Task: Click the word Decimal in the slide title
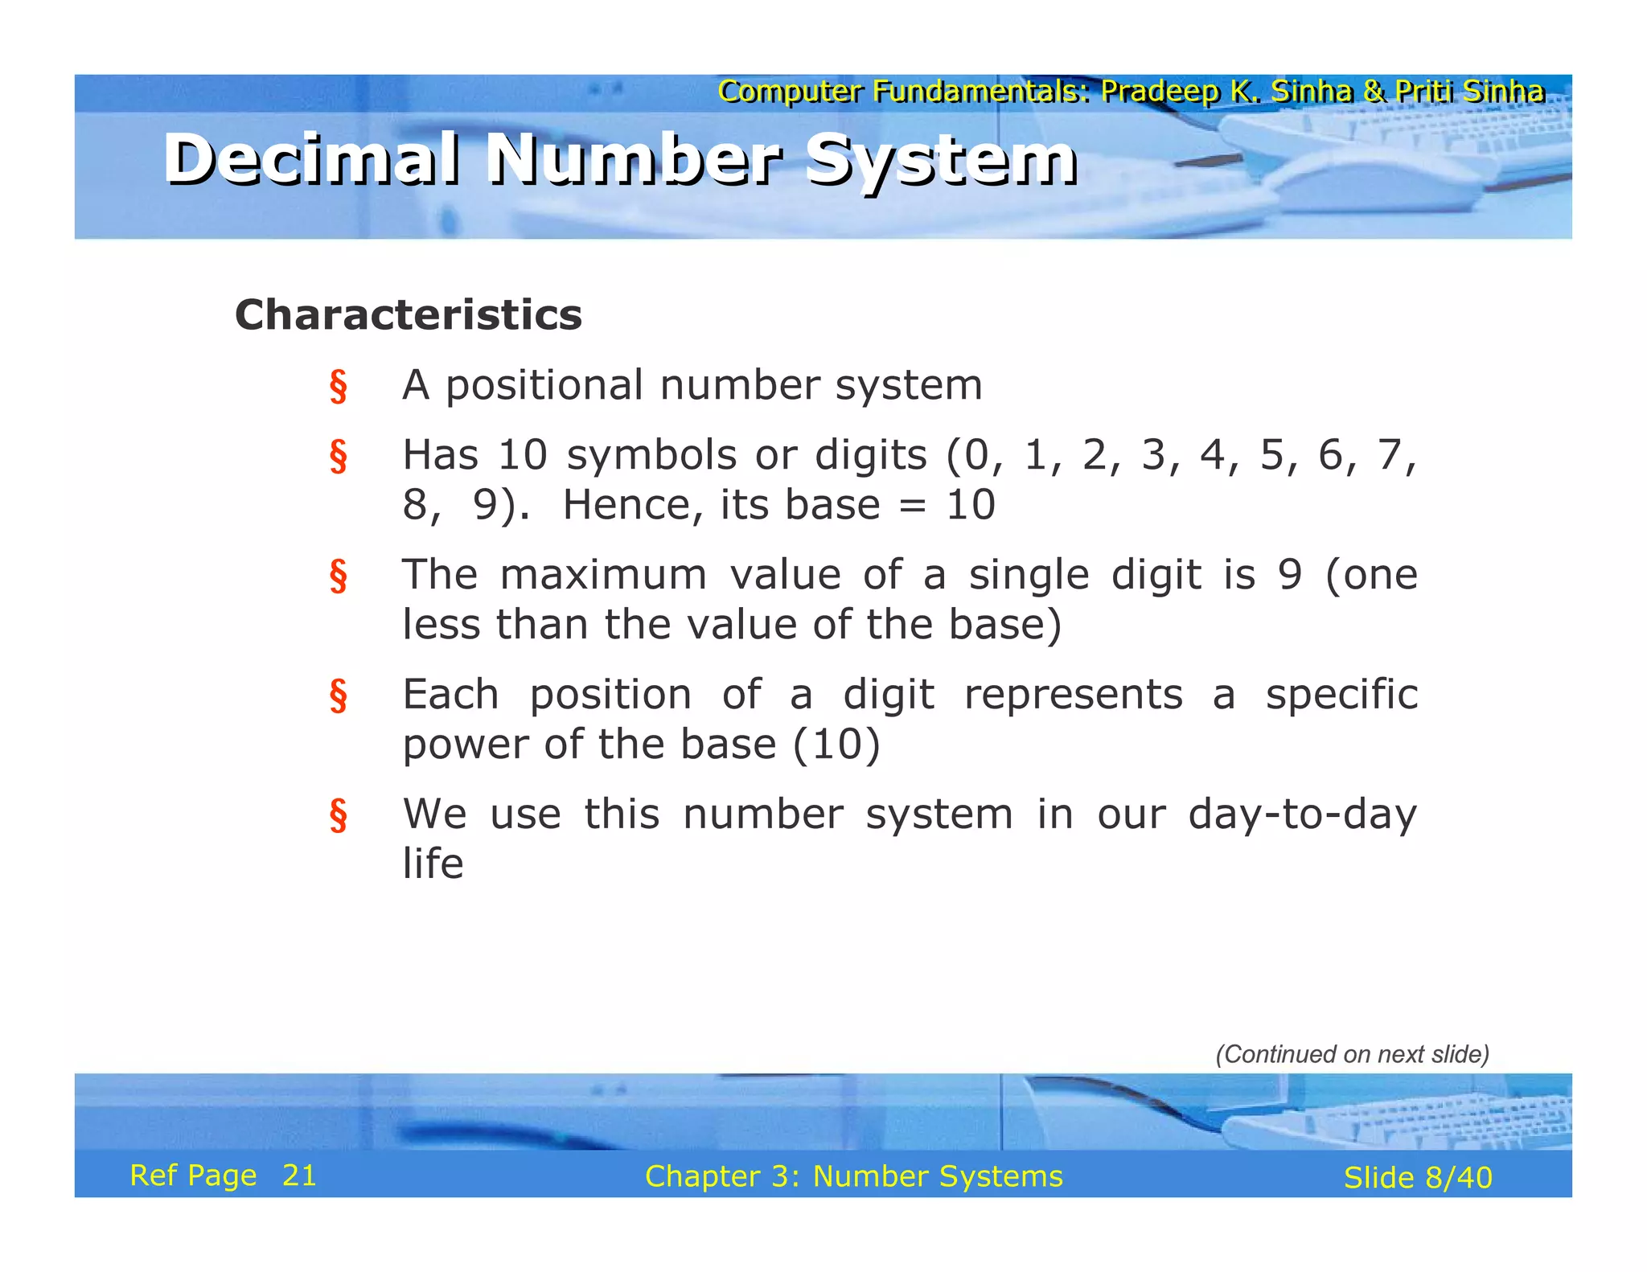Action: click(x=312, y=158)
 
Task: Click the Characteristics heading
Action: click(x=408, y=314)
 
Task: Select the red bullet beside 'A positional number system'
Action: click(x=339, y=386)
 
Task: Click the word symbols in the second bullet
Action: click(x=651, y=456)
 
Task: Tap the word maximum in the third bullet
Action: click(x=603, y=575)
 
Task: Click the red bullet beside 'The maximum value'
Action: click(x=339, y=576)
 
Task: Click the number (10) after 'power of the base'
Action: click(x=836, y=745)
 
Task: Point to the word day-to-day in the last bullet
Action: click(x=1302, y=814)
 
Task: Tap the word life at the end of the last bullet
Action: click(x=433, y=864)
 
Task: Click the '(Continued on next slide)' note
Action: click(x=1352, y=1054)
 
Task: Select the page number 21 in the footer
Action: click(x=299, y=1176)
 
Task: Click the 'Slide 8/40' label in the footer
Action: click(x=1417, y=1178)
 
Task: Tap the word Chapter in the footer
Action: click(x=702, y=1177)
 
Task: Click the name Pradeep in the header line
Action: click(x=1160, y=92)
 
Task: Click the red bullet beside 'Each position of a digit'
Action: click(x=339, y=695)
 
